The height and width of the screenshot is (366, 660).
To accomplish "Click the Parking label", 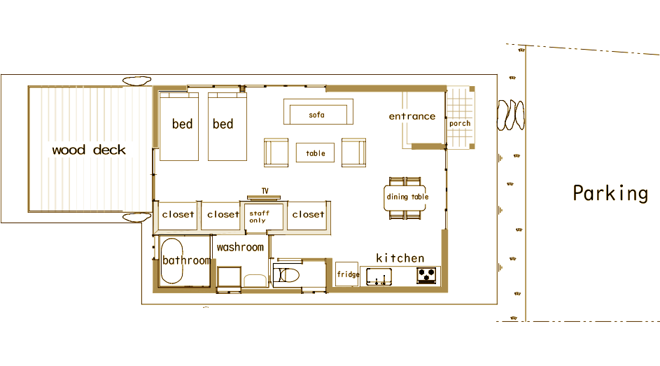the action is pyautogui.click(x=610, y=194).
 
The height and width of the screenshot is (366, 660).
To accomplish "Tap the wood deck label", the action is pyautogui.click(x=89, y=150).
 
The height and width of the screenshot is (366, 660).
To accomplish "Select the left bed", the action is pyautogui.click(x=179, y=127).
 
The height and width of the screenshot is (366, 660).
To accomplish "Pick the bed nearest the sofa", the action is pyautogui.click(x=227, y=127).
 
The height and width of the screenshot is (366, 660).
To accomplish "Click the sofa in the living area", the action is pyautogui.click(x=318, y=111).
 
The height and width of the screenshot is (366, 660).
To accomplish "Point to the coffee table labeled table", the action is pyautogui.click(x=315, y=153).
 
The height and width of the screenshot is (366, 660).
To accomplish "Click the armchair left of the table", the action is pyautogui.click(x=276, y=153).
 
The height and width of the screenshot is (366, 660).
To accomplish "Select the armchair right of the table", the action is pyautogui.click(x=353, y=153).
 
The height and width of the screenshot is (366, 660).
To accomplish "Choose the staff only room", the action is pyautogui.click(x=264, y=217).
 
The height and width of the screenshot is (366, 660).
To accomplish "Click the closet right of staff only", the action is pyautogui.click(x=309, y=216).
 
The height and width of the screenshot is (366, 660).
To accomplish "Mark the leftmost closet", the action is pyautogui.click(x=178, y=216).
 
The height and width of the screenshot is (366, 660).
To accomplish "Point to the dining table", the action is pyautogui.click(x=405, y=198).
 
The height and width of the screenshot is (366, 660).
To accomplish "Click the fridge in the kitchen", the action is pyautogui.click(x=347, y=274).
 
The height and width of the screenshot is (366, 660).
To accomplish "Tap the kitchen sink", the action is pyautogui.click(x=379, y=277).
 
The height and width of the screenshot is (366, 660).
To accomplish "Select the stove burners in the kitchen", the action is pyautogui.click(x=426, y=276).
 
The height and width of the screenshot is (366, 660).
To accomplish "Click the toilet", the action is pyautogui.click(x=287, y=276).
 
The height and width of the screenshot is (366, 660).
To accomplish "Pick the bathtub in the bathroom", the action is pyautogui.click(x=171, y=261).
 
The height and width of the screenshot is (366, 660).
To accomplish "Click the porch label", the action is pyautogui.click(x=460, y=124).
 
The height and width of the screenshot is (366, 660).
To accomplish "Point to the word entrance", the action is pyautogui.click(x=412, y=116).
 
